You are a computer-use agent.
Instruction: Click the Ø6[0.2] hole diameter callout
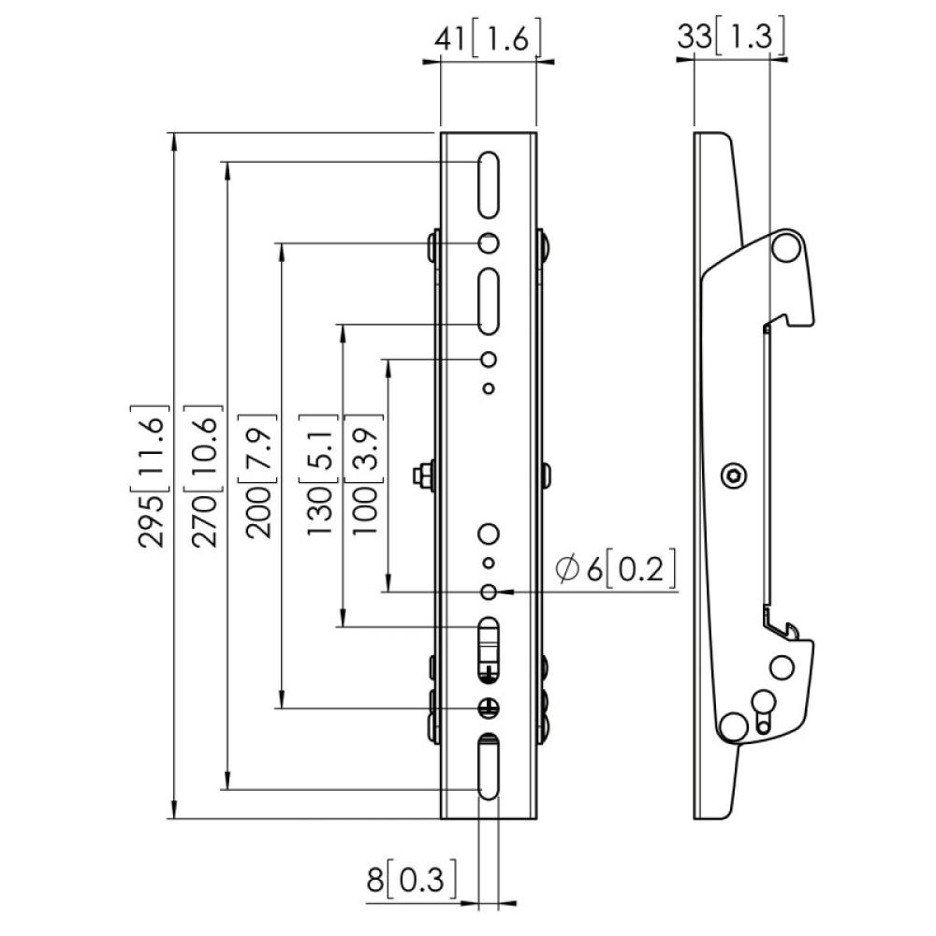coord(615,569)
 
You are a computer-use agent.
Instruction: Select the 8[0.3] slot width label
coord(412,881)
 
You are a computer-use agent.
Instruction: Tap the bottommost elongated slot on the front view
coord(489,767)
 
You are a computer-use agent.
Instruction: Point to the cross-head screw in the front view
coord(489,707)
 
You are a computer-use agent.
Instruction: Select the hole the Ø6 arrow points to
coord(489,592)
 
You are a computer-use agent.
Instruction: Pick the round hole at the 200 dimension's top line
coord(489,243)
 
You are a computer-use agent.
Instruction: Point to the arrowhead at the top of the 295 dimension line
coord(174,140)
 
